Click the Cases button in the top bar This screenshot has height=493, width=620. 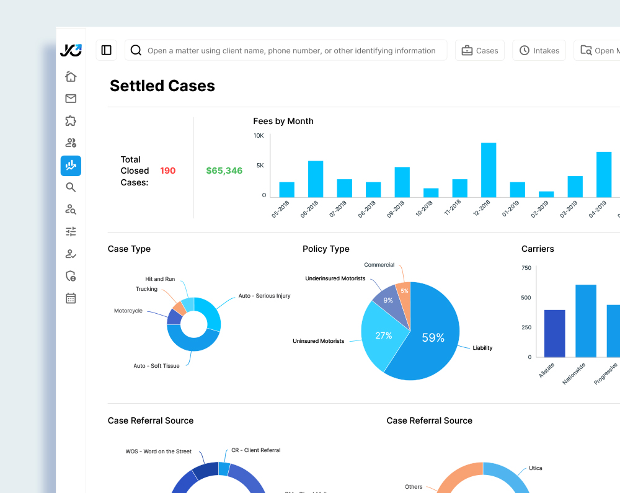pos(480,51)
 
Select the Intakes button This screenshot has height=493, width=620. pos(539,51)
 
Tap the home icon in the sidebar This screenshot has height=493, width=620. pos(71,76)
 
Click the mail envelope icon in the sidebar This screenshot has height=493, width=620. pos(71,99)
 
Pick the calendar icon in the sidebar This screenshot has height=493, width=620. pos(71,298)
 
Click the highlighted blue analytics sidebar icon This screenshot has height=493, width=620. pos(71,166)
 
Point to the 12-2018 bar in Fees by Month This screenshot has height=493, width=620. pos(489,170)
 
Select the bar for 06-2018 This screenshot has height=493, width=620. pos(316,179)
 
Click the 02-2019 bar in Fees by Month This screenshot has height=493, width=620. pos(546,194)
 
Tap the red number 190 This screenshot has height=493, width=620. pos(167,171)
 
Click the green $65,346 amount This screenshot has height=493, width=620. pos(224,171)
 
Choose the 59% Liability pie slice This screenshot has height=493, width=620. pos(433,337)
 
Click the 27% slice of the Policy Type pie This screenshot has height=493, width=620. pos(384,335)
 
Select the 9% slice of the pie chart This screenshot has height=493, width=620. pos(388,301)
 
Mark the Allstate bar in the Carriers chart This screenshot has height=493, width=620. pos(555,333)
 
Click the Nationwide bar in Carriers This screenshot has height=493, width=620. pos(586,321)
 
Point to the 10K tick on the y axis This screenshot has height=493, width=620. pos(259,136)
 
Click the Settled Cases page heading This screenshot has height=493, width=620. pos(162,86)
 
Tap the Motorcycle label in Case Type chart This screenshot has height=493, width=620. pos(128,311)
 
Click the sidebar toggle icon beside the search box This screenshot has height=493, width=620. pos(106,50)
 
